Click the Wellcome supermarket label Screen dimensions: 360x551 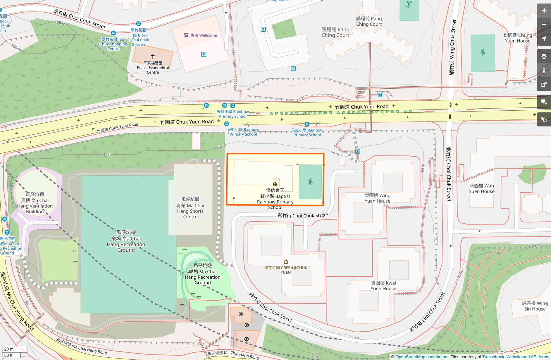click(x=204, y=35)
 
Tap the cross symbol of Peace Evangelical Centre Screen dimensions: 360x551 click(x=153, y=56)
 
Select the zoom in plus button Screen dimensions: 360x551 click(x=544, y=11)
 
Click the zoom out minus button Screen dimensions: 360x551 click(x=544, y=25)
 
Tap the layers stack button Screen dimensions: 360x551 click(x=544, y=56)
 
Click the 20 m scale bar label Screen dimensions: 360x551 click(x=9, y=349)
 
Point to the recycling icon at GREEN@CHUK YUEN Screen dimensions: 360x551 click(x=286, y=262)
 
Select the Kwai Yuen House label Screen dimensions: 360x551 click(x=383, y=286)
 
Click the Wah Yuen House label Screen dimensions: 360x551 click(x=481, y=188)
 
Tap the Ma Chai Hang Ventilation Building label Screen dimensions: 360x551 click(x=35, y=203)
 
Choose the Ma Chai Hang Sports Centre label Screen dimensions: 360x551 click(x=190, y=208)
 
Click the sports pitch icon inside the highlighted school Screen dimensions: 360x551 click(x=310, y=182)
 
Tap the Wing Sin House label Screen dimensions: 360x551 click(x=535, y=306)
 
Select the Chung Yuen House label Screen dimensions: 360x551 click(x=517, y=38)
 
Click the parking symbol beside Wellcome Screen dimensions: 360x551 click(x=204, y=54)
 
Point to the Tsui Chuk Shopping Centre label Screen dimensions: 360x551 click(x=113, y=44)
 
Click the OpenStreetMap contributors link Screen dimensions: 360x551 click(x=422, y=357)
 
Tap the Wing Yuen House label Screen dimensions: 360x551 click(x=377, y=198)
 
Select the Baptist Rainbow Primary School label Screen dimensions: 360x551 click(x=275, y=199)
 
